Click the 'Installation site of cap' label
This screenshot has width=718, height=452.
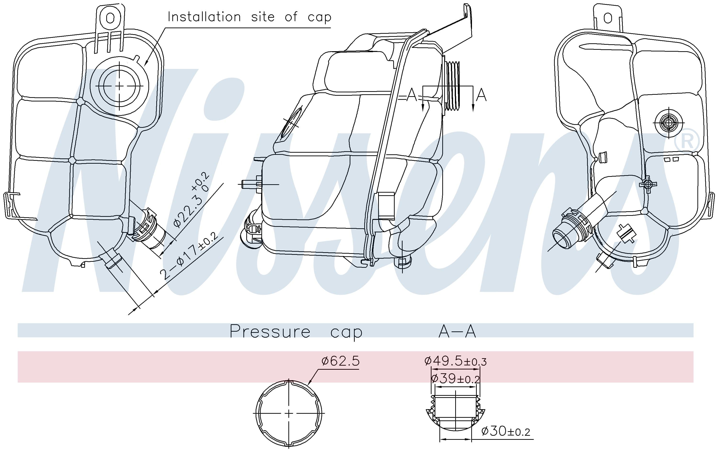point(249,17)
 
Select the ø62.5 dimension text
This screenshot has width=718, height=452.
point(341,361)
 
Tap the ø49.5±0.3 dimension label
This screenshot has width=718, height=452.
point(455,361)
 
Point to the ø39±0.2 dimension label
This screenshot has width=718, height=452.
point(455,379)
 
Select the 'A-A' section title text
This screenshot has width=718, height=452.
point(457,331)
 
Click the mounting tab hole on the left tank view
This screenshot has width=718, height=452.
point(110,18)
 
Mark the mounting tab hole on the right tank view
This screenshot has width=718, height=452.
point(608,18)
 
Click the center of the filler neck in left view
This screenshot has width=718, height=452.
point(119,86)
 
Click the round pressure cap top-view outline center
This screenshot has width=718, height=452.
point(289,413)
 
